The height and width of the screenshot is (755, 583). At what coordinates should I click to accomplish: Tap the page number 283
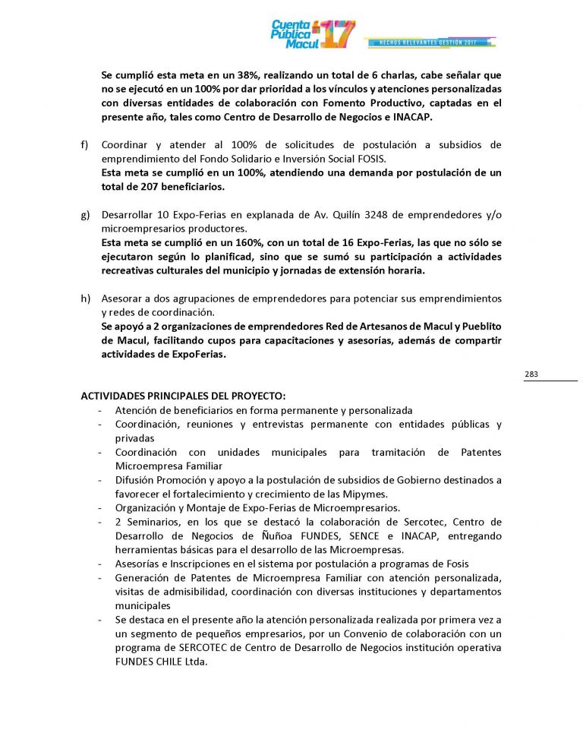point(531,374)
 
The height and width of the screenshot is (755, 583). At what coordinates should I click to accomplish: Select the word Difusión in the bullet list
point(134,480)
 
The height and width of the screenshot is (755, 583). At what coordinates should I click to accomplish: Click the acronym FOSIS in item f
point(371,158)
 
